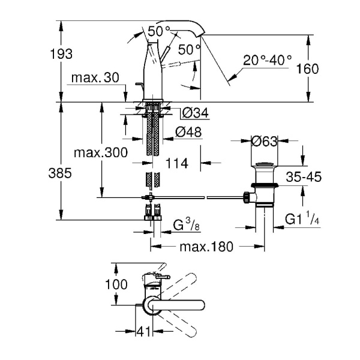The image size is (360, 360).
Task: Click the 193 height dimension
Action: point(61,54)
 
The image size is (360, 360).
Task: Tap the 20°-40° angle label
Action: point(268,60)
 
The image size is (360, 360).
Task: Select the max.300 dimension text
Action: point(100,152)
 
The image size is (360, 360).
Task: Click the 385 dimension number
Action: point(61,173)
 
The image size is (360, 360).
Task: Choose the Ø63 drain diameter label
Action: point(265,142)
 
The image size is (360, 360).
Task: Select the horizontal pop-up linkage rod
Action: point(198,196)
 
